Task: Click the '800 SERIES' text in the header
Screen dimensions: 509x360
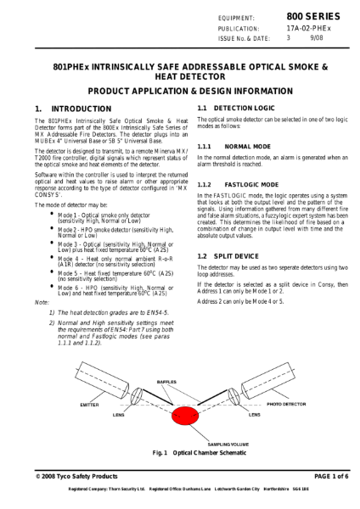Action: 313,17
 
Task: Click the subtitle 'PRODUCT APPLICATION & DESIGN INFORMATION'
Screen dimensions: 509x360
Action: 179,89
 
